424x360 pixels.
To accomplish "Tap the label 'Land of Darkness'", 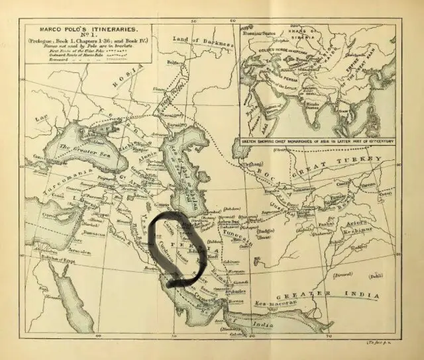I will (x=203, y=41).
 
